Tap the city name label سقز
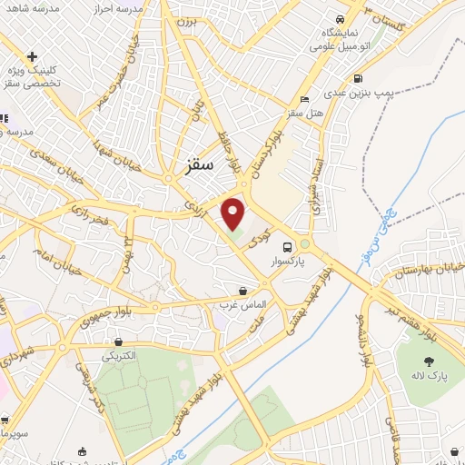[x=196, y=166]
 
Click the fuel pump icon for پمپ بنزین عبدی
[x=359, y=78]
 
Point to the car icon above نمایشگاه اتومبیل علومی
[x=340, y=19]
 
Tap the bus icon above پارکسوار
[x=287, y=246]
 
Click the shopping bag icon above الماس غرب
[x=242, y=291]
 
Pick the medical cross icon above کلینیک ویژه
[x=33, y=56]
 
